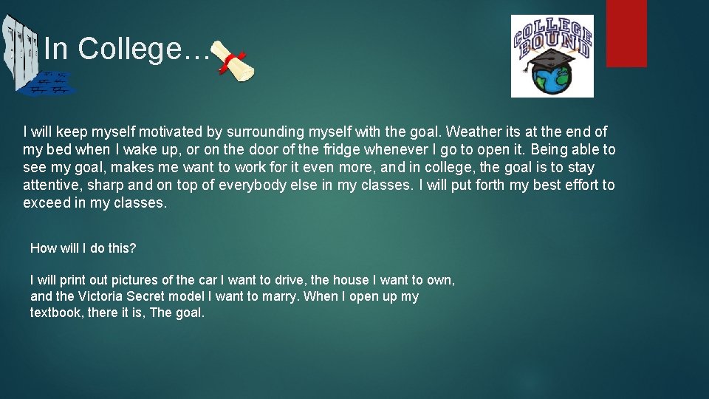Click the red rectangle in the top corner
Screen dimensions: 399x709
[x=626, y=33]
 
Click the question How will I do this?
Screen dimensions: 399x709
[x=83, y=248]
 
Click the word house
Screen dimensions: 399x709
[x=349, y=281]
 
